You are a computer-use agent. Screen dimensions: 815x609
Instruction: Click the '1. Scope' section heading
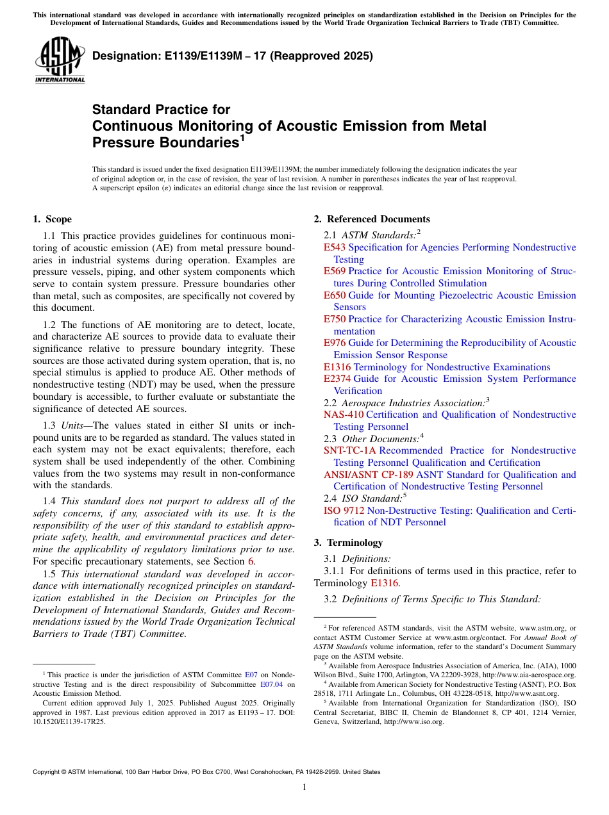pos(52,219)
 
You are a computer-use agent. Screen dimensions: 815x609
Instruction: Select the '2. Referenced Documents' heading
pos(372,219)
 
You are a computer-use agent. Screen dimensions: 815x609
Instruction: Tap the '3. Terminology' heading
pos(348,542)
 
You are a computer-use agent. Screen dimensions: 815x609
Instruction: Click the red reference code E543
pos(335,247)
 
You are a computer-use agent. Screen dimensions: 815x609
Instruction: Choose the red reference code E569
pos(335,271)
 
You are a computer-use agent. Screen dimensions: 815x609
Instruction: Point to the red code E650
pos(335,295)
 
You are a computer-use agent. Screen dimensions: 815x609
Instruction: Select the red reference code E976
pos(335,343)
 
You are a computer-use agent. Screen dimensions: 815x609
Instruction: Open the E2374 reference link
pos(337,379)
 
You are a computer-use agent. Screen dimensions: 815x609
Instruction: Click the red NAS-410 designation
pos(344,415)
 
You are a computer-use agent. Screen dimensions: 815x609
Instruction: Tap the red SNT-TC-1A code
pos(350,450)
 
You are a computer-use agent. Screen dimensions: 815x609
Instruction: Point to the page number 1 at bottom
pos(304,787)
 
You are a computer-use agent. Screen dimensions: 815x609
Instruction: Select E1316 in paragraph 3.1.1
pos(384,583)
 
